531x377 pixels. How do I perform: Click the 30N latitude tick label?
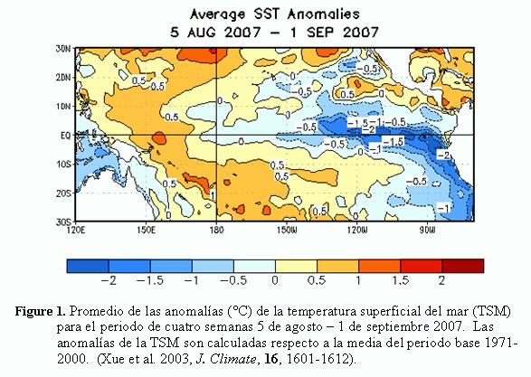pyautogui.click(x=63, y=49)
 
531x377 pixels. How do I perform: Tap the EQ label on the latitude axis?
pyautogui.click(x=66, y=136)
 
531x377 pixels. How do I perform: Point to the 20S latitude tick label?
pyautogui.click(x=63, y=193)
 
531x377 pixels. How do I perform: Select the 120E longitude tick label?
pyautogui.click(x=76, y=230)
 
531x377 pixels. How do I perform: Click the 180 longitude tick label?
pyautogui.click(x=216, y=230)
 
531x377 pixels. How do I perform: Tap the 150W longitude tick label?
pyautogui.click(x=287, y=230)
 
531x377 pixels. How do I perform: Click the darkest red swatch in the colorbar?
pyautogui.click(x=463, y=266)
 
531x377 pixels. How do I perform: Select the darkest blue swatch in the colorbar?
pyautogui.click(x=88, y=266)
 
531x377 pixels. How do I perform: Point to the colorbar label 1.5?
pyautogui.click(x=400, y=280)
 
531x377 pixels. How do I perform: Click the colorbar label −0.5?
pyautogui.click(x=233, y=280)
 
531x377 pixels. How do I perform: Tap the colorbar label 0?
pyautogui.click(x=275, y=280)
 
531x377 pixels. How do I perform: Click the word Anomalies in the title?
pyautogui.click(x=324, y=14)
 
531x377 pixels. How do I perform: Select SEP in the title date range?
pyautogui.click(x=320, y=33)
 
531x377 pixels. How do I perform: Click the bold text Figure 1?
pyautogui.click(x=41, y=311)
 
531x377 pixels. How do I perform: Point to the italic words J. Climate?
pyautogui.click(x=226, y=359)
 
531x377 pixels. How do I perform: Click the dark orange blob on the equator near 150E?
pyautogui.click(x=159, y=138)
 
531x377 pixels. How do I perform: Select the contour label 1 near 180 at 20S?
pyautogui.click(x=213, y=195)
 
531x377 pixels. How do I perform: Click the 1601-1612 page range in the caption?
pyautogui.click(x=318, y=359)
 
